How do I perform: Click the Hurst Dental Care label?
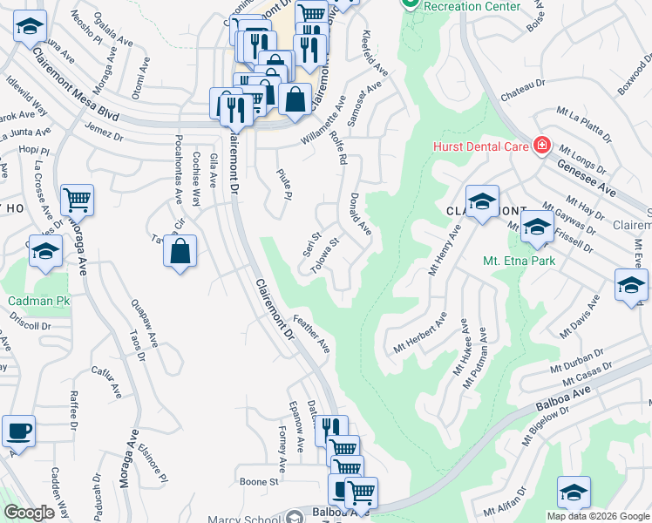click(x=480, y=146)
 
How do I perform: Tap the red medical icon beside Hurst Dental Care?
click(x=542, y=145)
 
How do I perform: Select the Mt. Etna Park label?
click(x=519, y=260)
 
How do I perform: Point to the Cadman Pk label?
click(x=38, y=302)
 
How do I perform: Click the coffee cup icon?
click(x=18, y=431)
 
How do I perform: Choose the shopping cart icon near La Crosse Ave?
click(x=77, y=200)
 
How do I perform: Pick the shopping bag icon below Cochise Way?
click(x=180, y=253)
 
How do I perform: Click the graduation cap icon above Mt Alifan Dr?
click(x=574, y=492)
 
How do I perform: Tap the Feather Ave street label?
click(x=311, y=334)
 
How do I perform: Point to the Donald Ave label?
click(x=361, y=214)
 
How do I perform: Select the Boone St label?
click(x=258, y=481)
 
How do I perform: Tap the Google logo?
click(x=29, y=513)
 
